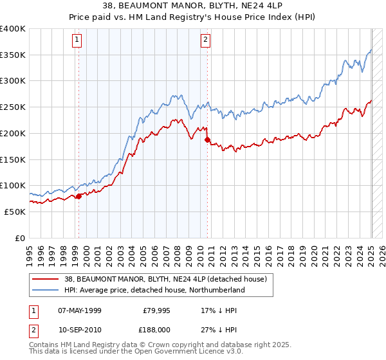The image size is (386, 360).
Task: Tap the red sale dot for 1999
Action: tap(78, 196)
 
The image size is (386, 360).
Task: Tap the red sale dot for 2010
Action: tap(207, 139)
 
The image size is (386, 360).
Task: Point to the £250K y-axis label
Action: tap(13, 107)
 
